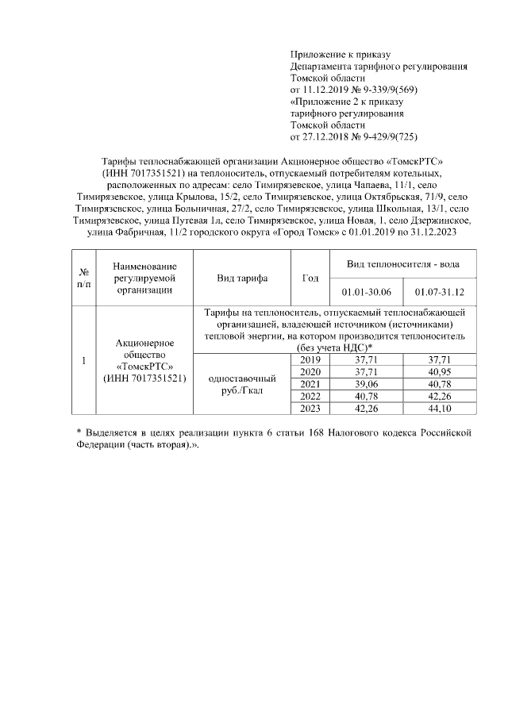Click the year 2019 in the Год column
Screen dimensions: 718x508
311,359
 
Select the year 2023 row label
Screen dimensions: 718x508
311,408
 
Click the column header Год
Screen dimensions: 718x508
311,278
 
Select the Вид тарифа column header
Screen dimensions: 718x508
242,278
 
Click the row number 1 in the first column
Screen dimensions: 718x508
83,361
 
